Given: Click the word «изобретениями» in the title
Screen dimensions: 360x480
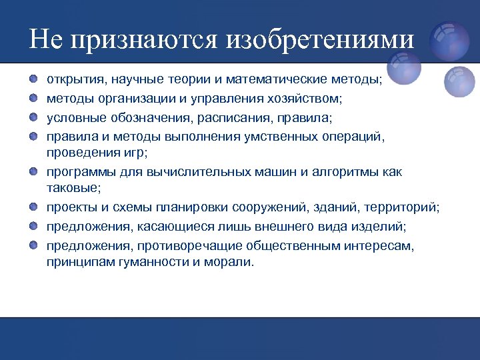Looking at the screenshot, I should coord(320,40).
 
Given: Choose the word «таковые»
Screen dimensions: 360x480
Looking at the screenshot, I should coord(72,189).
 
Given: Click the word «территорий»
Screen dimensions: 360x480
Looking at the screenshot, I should coord(403,208).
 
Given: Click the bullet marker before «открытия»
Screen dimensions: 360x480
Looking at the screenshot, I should coord(33,79).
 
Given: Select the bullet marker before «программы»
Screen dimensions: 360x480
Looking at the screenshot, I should coord(33,171).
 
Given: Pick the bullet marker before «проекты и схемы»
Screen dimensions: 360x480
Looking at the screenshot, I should coord(33,209).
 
